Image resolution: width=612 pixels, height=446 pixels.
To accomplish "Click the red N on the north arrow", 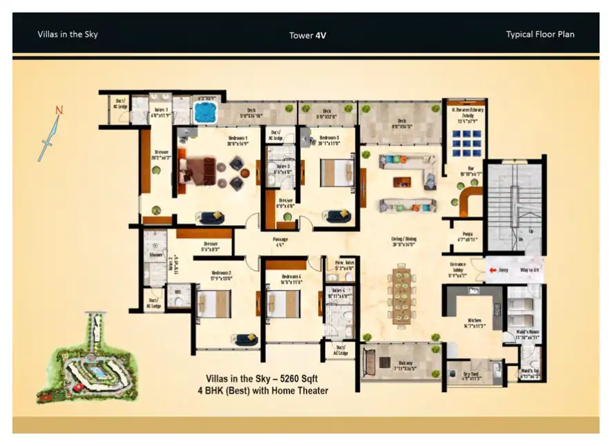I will [x=59, y=110].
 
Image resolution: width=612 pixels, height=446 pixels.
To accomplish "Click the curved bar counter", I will [x=470, y=203].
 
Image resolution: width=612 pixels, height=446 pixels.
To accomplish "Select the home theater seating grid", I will [x=466, y=144].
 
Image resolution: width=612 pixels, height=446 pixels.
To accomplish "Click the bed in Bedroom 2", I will [x=213, y=303].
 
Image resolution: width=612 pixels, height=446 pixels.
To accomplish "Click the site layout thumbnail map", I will [x=88, y=359].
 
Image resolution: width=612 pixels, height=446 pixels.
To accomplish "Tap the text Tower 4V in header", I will [x=308, y=35].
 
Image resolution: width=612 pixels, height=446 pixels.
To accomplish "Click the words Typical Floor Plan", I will [x=539, y=35].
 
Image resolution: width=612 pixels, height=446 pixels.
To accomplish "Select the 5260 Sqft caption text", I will [x=267, y=379].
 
